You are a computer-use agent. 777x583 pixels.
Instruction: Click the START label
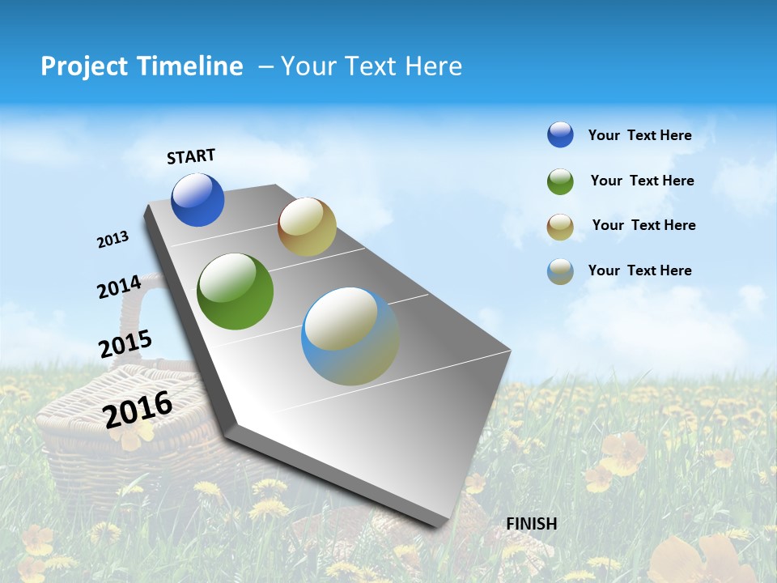[191, 156]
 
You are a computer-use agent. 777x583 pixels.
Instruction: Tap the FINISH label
[531, 524]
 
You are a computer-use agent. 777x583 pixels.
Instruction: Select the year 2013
[113, 240]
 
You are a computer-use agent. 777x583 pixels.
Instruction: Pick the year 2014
[119, 287]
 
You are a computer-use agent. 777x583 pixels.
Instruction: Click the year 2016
[138, 409]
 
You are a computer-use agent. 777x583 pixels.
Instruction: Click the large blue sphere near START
[197, 200]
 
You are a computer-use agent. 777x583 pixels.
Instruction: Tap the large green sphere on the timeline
[235, 291]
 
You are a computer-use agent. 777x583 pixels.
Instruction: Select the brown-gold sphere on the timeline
[307, 228]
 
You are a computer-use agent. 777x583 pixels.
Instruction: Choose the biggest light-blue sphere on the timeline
[350, 336]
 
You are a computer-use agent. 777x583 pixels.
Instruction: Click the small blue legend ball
[560, 135]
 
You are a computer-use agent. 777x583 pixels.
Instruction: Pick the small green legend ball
[560, 181]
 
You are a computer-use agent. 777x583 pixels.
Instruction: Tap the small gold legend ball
[560, 227]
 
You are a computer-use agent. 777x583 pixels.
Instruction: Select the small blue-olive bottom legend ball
[560, 271]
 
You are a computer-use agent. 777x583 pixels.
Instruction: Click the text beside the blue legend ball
[639, 136]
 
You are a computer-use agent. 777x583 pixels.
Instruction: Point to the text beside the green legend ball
[642, 181]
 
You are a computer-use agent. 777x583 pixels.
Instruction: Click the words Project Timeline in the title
[142, 66]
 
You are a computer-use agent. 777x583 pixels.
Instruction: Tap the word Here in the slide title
[433, 66]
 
